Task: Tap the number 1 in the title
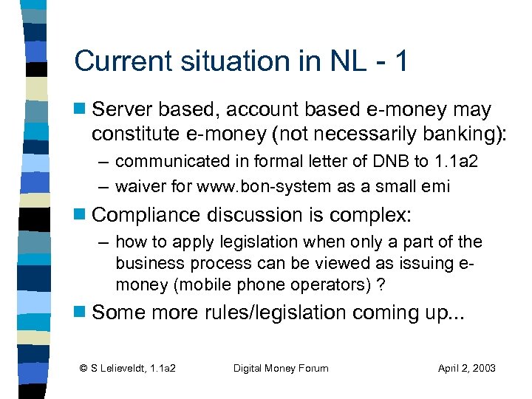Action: coord(400,61)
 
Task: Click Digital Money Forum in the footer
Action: coord(280,368)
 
